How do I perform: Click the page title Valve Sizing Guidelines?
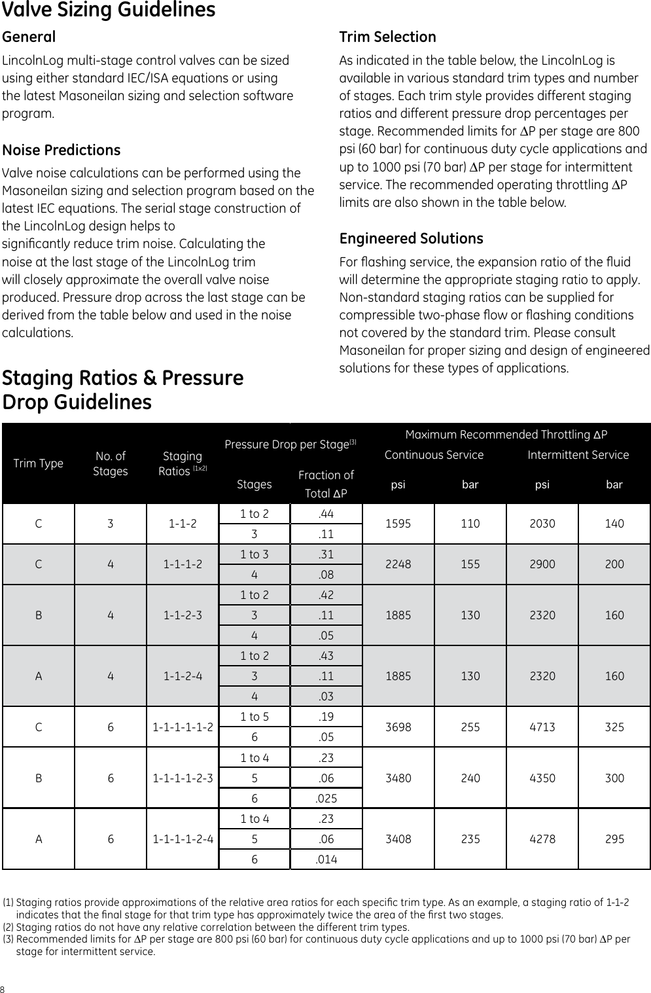point(109,10)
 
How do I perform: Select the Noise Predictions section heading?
point(62,150)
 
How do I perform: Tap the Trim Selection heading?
point(387,37)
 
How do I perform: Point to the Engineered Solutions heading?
point(411,238)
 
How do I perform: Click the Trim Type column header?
point(39,463)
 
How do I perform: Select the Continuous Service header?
point(434,455)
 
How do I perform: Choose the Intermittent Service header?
point(578,455)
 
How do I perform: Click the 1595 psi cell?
point(398,524)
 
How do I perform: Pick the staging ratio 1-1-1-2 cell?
point(183,564)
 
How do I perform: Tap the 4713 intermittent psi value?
point(542,727)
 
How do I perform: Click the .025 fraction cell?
point(326,799)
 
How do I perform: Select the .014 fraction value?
point(326,859)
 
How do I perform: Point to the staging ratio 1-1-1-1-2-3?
point(183,778)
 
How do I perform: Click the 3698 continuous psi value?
point(398,727)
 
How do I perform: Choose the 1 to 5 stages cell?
point(254,717)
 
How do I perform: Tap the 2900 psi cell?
point(542,564)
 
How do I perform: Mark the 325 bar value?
point(614,727)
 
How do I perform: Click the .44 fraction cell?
point(326,514)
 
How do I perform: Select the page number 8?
point(3,988)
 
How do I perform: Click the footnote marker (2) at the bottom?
point(9,927)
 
